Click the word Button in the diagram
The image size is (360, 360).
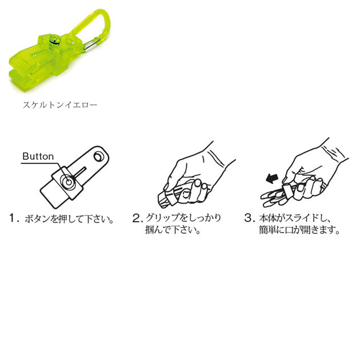pyautogui.click(x=38, y=157)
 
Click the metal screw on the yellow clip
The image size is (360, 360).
pyautogui.click(x=55, y=39)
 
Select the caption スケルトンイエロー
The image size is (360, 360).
pyautogui.click(x=60, y=105)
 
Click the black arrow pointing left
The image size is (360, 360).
pyautogui.click(x=272, y=178)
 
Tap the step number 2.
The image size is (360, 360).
pyautogui.click(x=137, y=218)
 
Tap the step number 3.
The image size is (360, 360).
pyautogui.click(x=249, y=218)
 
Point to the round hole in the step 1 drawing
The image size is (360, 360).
pyautogui.click(x=99, y=157)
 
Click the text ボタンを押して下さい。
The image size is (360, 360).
pyautogui.click(x=69, y=219)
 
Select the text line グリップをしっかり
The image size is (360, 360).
pyautogui.click(x=183, y=218)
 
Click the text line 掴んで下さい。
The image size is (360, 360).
pyautogui.click(x=173, y=230)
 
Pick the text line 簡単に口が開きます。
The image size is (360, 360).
pyautogui.click(x=299, y=230)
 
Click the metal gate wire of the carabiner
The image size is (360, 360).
pyautogui.click(x=92, y=44)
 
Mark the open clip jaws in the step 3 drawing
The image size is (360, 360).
pyautogui.click(x=273, y=198)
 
